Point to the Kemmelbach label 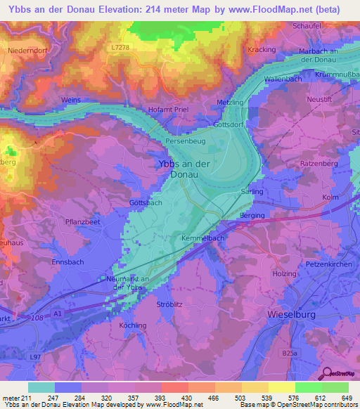pos(202,239)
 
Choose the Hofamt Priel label pos(167,109)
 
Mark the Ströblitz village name pos(169,304)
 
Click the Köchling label pos(132,325)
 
